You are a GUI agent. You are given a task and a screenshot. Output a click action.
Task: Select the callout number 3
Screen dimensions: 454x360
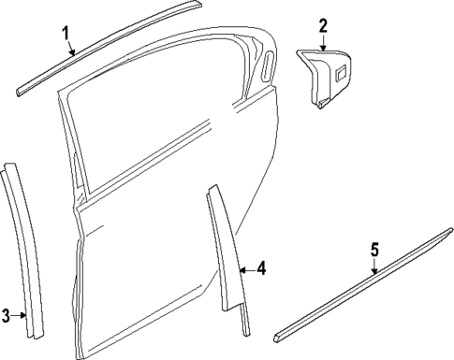pos(7,315)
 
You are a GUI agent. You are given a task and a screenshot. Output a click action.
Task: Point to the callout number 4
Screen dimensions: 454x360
pos(261,269)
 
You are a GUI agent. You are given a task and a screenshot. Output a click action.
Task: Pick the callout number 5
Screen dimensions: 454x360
pos(374,250)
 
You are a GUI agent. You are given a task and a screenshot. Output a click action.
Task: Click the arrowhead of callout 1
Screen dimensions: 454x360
pos(75,57)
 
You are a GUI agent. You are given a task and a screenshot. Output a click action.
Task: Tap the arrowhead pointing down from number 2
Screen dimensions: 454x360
pos(323,48)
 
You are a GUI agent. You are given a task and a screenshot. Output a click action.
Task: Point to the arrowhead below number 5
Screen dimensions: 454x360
pos(374,274)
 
